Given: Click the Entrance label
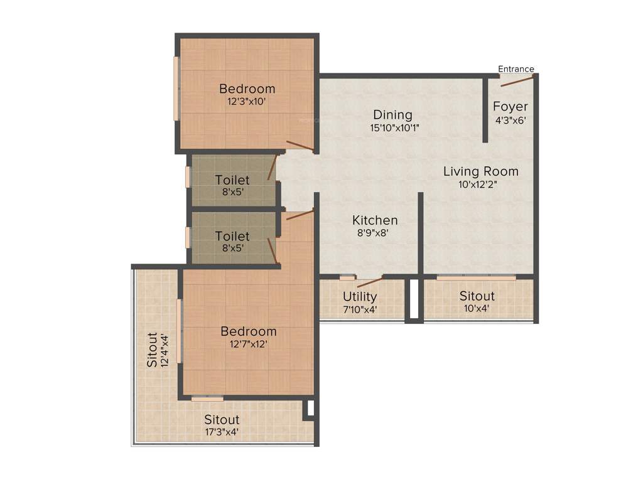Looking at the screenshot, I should tap(516, 69).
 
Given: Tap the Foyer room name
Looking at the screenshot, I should tap(510, 106).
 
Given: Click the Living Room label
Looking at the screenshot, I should tap(480, 171).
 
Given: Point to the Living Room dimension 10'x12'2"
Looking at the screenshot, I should tap(480, 185).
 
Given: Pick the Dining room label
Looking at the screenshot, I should tap(392, 115).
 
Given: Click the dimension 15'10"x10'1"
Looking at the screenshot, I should tap(394, 127).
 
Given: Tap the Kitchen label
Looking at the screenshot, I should tap(374, 220).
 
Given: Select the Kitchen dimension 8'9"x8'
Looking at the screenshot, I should tap(374, 233).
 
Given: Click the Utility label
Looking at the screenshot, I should tap(360, 296).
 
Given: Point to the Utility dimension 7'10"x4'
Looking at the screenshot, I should tap(360, 309).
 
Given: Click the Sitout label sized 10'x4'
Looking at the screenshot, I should tap(477, 296).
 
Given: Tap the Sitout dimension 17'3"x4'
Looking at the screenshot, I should tap(222, 432).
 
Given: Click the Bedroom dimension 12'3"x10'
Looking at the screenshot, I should tap(247, 101).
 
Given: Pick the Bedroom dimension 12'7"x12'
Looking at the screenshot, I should tap(248, 344).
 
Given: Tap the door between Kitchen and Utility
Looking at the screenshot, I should tap(370, 281).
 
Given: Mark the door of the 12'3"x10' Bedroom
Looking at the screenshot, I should tap(300, 146).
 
